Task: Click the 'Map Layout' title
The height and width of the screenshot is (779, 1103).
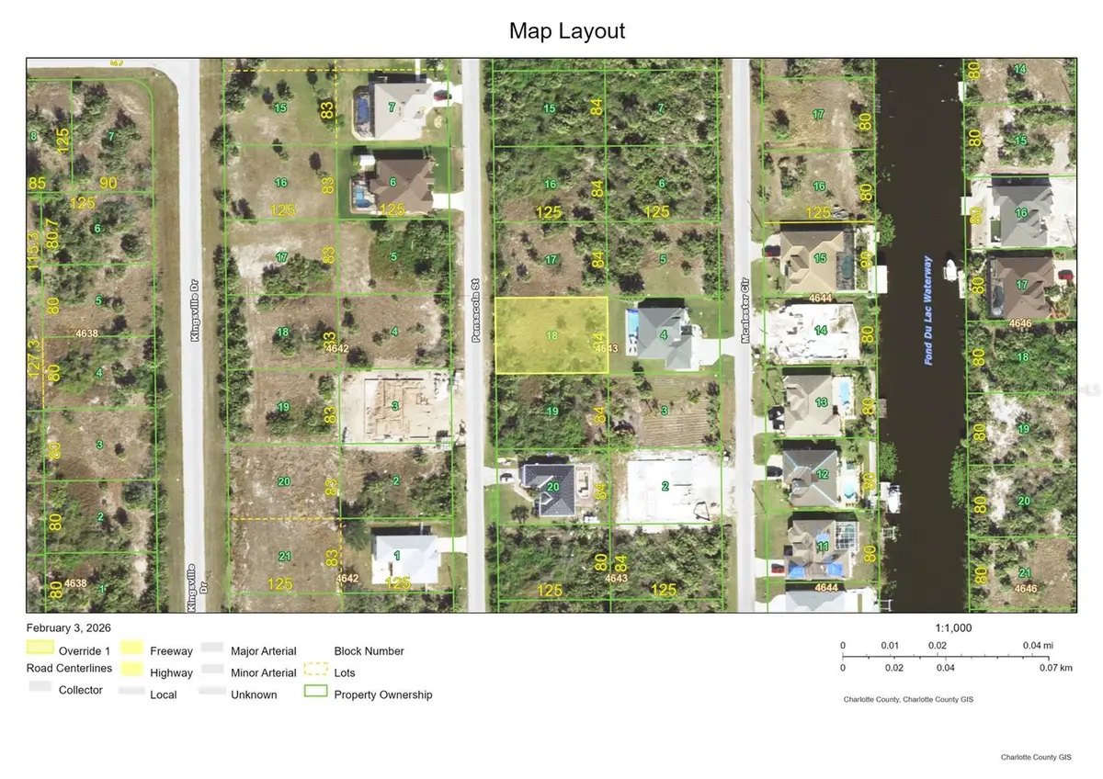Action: pos(566,31)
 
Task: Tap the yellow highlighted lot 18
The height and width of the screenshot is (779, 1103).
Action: pos(551,335)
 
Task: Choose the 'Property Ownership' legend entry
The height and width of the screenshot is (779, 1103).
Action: pos(382,694)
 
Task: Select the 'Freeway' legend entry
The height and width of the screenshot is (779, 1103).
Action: pos(171,651)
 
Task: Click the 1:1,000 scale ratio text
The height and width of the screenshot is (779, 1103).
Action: pos(953,628)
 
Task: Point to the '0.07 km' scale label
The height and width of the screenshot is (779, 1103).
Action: pos(1053,668)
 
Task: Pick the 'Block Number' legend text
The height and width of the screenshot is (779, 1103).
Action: pos(369,651)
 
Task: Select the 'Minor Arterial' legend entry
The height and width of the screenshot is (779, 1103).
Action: pos(263,673)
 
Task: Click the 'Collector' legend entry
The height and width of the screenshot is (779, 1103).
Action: pos(80,690)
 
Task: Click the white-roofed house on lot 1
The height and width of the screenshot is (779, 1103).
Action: pos(404,558)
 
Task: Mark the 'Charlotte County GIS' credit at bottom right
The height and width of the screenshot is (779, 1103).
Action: pos(1036,757)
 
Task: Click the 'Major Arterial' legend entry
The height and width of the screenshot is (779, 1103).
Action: pos(263,651)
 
